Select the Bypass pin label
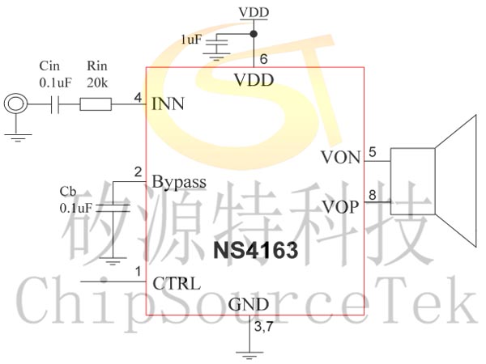[179, 182]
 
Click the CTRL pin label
[177, 283]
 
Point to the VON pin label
[341, 158]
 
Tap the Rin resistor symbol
[96, 104]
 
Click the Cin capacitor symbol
[55, 104]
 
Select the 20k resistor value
[96, 81]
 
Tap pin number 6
[262, 60]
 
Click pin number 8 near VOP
[372, 195]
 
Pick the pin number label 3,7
[263, 328]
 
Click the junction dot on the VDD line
[254, 35]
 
